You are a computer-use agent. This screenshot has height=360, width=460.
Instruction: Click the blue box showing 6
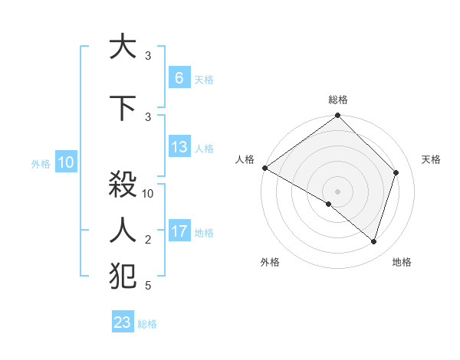179,78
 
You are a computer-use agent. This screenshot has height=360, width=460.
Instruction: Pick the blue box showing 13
179,148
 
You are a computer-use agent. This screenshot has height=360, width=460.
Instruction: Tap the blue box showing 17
179,231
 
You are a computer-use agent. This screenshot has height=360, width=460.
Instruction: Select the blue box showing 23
123,322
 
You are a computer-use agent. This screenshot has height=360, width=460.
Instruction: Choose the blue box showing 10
65,162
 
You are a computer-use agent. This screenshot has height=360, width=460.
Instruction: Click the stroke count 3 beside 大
148,56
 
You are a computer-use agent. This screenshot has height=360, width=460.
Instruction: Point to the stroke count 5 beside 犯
148,286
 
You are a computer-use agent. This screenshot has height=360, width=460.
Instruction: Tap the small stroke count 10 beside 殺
149,194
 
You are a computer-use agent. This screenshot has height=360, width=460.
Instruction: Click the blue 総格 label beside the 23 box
147,324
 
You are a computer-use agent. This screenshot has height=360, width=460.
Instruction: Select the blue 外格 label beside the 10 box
41,163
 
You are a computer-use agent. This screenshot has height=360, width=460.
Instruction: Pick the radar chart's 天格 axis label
431,159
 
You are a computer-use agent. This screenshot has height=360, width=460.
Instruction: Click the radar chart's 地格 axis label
402,262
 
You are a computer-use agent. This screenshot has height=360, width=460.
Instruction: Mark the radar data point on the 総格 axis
337,116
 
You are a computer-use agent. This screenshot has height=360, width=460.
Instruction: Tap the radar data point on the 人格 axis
264,168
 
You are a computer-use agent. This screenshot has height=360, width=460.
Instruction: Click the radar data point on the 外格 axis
329,204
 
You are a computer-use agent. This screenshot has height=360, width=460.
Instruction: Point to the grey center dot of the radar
337,191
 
